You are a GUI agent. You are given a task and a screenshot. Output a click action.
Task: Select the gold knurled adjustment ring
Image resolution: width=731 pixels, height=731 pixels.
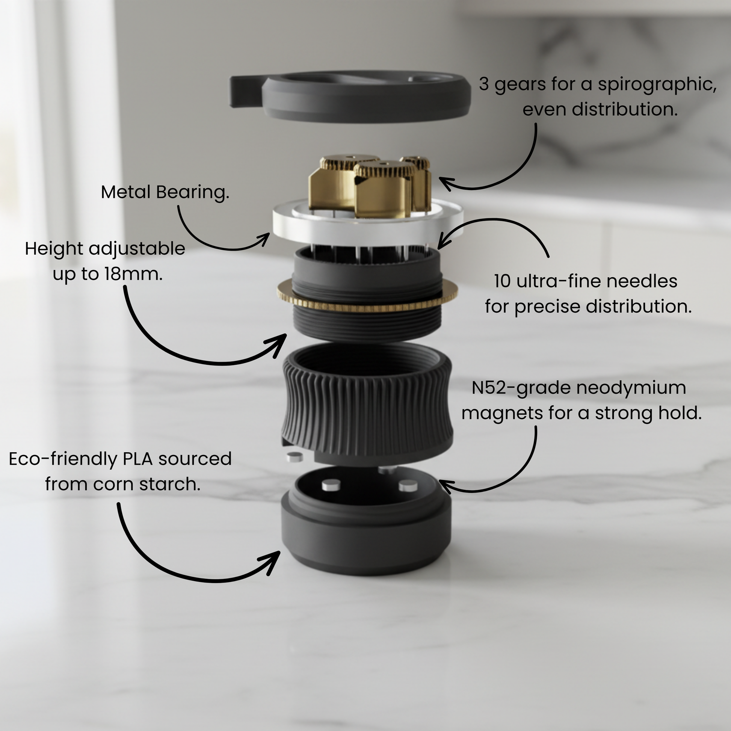(x=367, y=299)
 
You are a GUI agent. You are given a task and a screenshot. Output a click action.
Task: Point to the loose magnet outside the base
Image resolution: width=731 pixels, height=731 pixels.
(x=295, y=457)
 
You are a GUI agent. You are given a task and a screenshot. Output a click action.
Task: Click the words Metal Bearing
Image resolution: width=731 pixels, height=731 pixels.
(x=165, y=192)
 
